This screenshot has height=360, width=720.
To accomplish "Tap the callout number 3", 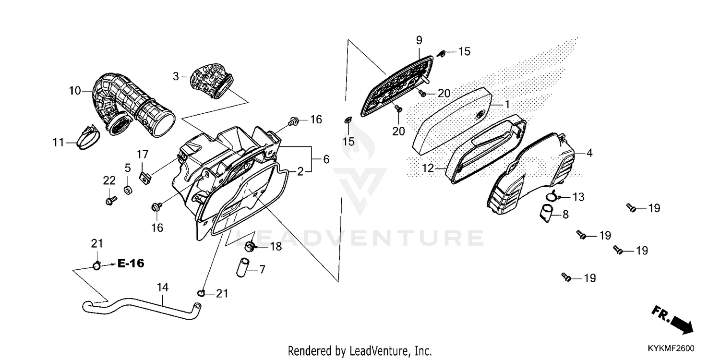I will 176,76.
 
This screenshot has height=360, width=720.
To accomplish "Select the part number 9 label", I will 419,40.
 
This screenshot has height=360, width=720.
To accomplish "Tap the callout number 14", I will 163,288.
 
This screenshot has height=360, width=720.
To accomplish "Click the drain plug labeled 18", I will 250,247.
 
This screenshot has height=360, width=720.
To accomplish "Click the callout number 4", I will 589,154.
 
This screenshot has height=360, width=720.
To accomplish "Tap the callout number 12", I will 428,168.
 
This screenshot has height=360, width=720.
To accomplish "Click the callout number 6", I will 326,159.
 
